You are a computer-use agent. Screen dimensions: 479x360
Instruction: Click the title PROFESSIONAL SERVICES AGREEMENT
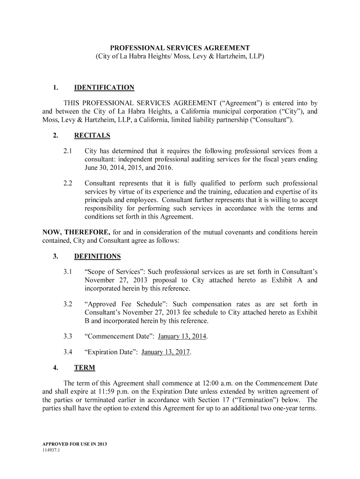pyautogui.click(x=180, y=48)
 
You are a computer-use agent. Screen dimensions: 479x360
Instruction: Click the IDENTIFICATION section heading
pyautogui.click(x=104, y=87)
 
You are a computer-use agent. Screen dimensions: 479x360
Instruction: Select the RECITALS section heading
pyautogui.click(x=92, y=136)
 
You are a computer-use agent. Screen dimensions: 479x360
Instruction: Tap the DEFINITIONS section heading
pyautogui.click(x=97, y=256)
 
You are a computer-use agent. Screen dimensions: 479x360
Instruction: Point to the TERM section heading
pyautogui.click(x=85, y=368)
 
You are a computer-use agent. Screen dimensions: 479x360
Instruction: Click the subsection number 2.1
pyautogui.click(x=68, y=151)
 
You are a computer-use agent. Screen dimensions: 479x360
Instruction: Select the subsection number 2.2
pyautogui.click(x=68, y=183)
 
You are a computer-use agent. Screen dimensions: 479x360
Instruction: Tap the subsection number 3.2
pyautogui.click(x=68, y=304)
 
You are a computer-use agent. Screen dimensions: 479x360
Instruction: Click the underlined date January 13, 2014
pyautogui.click(x=182, y=336)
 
